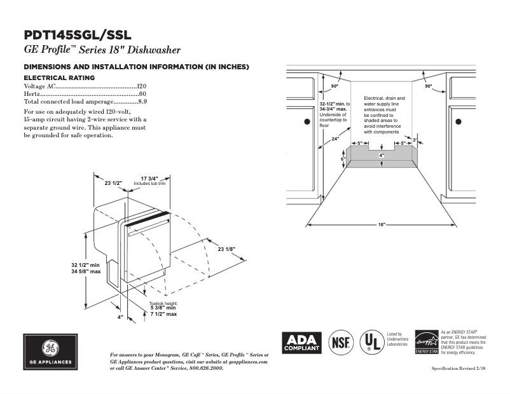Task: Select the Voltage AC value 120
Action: point(142,86)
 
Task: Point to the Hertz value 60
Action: point(143,93)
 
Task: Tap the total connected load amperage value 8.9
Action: point(142,101)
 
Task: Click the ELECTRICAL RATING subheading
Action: point(59,78)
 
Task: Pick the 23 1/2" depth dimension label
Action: point(113,183)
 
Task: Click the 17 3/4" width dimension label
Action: point(149,179)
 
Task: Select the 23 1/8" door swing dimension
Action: point(227,248)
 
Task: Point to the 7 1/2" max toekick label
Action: point(163,314)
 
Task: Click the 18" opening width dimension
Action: point(382,225)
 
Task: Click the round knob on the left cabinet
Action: point(307,121)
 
